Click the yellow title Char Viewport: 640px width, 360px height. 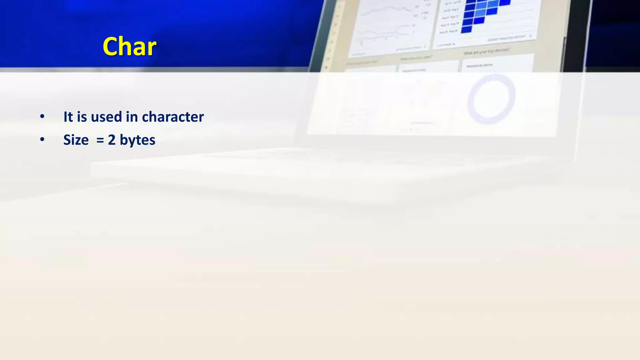pos(129,47)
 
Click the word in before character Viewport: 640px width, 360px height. pos(132,117)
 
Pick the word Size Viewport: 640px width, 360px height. pos(76,140)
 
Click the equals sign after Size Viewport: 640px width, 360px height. pos(100,140)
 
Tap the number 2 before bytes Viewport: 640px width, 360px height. pos(112,140)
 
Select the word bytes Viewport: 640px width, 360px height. pos(137,140)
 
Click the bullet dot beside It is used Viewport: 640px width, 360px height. pos(42,117)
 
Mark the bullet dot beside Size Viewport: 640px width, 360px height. pos(42,140)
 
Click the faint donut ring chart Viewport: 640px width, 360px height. pos(491,99)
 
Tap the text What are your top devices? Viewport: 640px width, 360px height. pos(487,52)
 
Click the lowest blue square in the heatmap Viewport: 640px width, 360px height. pos(466,29)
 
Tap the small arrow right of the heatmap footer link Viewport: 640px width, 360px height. pos(530,36)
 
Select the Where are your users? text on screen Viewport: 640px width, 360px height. pos(416,58)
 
